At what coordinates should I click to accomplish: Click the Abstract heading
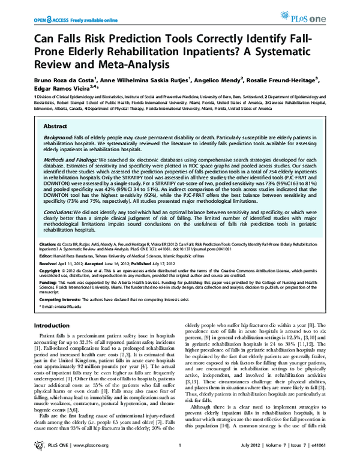coord(55,127)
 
